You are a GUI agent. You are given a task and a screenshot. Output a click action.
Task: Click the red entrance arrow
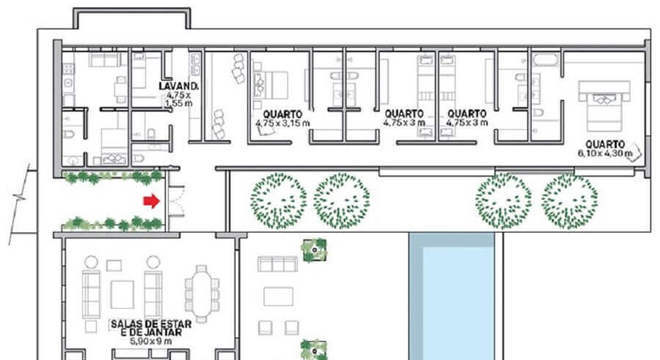click(x=150, y=200)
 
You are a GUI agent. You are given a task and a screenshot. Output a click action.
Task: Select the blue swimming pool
click(x=457, y=300)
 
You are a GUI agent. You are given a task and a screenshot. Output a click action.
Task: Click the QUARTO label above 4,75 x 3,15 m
click(x=284, y=113)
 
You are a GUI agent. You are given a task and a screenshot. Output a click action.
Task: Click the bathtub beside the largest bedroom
click(x=546, y=61)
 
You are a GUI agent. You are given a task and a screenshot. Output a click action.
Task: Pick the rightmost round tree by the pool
click(x=569, y=201)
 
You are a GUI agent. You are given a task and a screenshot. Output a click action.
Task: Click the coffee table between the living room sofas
click(x=123, y=294)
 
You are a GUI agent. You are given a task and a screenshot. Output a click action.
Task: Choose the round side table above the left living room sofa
click(x=91, y=261)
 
